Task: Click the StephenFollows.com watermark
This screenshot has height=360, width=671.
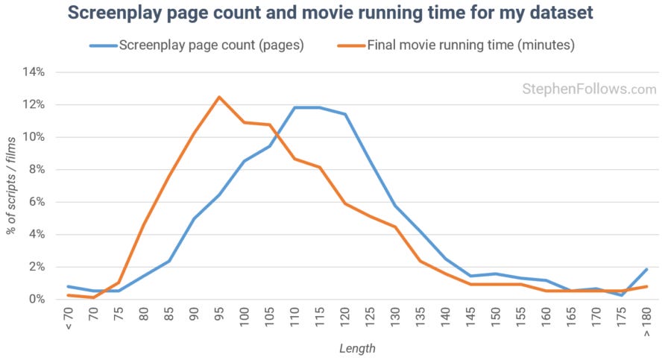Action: (x=588, y=89)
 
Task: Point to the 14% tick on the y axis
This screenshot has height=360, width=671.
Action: (x=35, y=72)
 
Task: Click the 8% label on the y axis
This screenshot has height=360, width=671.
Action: (x=37, y=169)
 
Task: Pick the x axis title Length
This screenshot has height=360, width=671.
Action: (x=357, y=348)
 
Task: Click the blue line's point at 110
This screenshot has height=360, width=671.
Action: (x=295, y=108)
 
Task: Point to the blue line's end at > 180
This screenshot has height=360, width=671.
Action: (x=646, y=269)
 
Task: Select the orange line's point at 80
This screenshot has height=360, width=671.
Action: (x=143, y=224)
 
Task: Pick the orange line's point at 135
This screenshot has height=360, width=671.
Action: (x=421, y=261)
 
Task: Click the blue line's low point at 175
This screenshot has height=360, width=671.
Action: (x=622, y=295)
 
